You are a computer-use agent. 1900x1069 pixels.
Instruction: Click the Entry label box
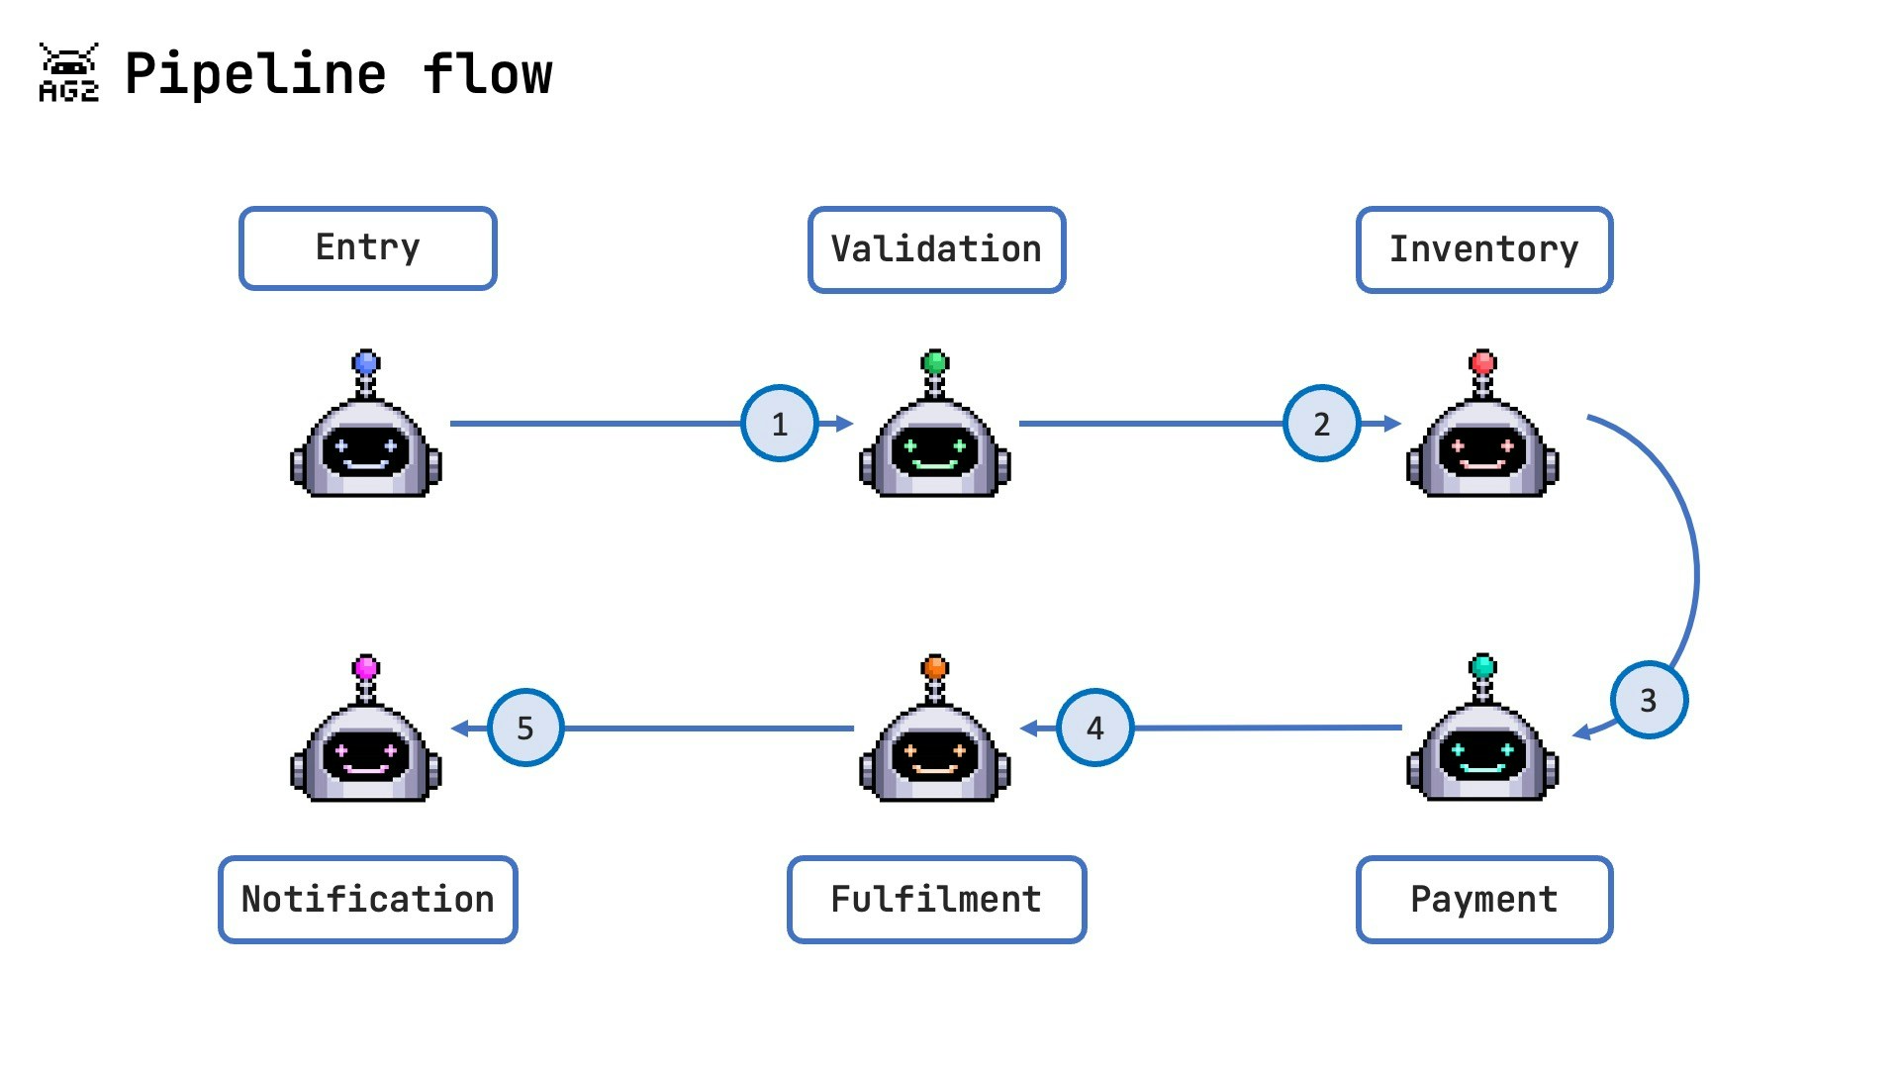tap(367, 248)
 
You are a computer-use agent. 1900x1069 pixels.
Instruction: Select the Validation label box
tap(936, 249)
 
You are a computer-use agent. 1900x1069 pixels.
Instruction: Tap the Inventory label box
tap(1483, 249)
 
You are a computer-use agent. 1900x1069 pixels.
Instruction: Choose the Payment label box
tap(1483, 899)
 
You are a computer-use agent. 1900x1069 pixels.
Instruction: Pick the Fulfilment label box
tap(936, 899)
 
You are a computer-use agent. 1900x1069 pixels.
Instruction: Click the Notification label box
tap(367, 899)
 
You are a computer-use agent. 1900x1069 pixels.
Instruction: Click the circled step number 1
tap(779, 424)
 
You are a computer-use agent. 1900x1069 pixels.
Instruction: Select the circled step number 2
tap(1321, 424)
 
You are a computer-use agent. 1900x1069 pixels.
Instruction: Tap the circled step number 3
tap(1648, 701)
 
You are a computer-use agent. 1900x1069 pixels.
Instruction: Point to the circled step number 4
tap(1094, 729)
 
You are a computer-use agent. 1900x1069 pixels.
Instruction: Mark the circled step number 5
tap(525, 729)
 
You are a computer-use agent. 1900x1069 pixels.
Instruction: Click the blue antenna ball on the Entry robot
tap(366, 362)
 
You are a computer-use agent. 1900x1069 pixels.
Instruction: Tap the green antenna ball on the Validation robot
tap(935, 362)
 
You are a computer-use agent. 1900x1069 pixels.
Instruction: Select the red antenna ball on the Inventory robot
tap(1482, 362)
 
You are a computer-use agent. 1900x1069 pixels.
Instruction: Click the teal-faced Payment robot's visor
tap(1482, 756)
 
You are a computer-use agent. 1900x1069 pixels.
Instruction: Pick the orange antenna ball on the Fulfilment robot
tap(935, 667)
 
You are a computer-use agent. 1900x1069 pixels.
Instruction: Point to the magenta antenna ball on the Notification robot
tap(366, 667)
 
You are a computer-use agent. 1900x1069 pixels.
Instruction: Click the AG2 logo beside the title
tap(68, 73)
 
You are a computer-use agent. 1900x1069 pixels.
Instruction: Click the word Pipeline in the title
tap(255, 74)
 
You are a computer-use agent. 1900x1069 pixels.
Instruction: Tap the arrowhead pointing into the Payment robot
tap(1581, 733)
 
